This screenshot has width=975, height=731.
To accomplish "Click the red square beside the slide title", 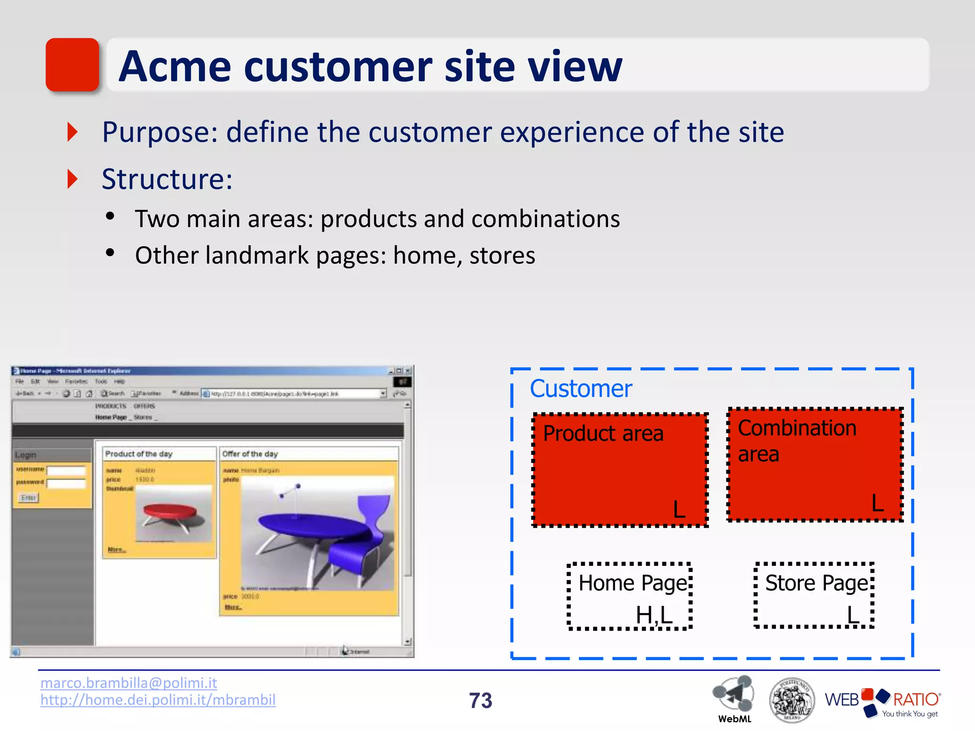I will click(x=72, y=65).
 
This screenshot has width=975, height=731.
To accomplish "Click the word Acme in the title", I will click(x=175, y=67).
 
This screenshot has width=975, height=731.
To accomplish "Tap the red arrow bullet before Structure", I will click(x=72, y=179).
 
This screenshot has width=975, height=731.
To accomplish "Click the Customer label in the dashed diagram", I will click(x=581, y=389).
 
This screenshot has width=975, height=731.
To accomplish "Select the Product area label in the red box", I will click(x=603, y=434).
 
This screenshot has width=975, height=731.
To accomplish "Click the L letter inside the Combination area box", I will click(x=877, y=503).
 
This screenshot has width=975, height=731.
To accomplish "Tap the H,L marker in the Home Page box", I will click(x=654, y=615).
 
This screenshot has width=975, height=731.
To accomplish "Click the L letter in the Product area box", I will click(x=679, y=509).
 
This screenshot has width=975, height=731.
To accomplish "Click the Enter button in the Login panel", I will click(x=29, y=498).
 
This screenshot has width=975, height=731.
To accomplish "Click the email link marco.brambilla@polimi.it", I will click(x=129, y=683).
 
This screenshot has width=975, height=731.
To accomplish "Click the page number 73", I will click(x=480, y=701).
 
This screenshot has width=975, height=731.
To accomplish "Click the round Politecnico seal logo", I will click(x=791, y=700).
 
